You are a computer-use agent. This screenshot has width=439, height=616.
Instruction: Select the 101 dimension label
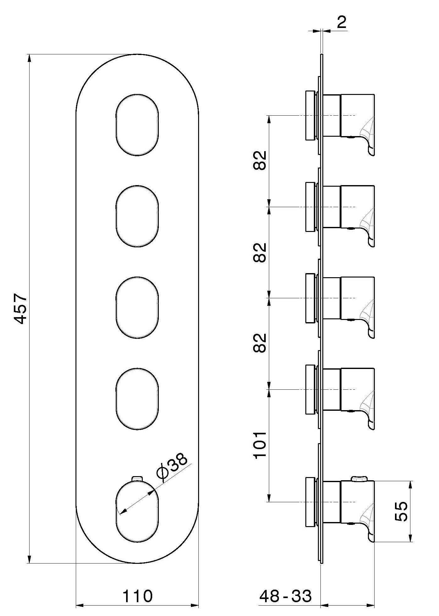pyautogui.click(x=260, y=446)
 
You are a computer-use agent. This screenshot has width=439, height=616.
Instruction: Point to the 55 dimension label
pyautogui.click(x=401, y=512)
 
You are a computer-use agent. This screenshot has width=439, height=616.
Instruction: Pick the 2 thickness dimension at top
pyautogui.click(x=342, y=23)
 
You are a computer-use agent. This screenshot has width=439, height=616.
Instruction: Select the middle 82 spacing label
pyautogui.click(x=260, y=252)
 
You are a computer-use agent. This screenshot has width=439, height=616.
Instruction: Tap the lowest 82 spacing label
pyautogui.click(x=260, y=343)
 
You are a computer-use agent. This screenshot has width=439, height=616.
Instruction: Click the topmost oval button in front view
pyautogui.click(x=137, y=124)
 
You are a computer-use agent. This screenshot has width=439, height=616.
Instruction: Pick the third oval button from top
pyautogui.click(x=137, y=307)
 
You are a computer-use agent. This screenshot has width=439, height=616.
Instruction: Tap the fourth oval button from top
pyautogui.click(x=137, y=399)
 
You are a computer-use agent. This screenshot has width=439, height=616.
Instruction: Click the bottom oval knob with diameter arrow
pyautogui.click(x=137, y=511)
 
